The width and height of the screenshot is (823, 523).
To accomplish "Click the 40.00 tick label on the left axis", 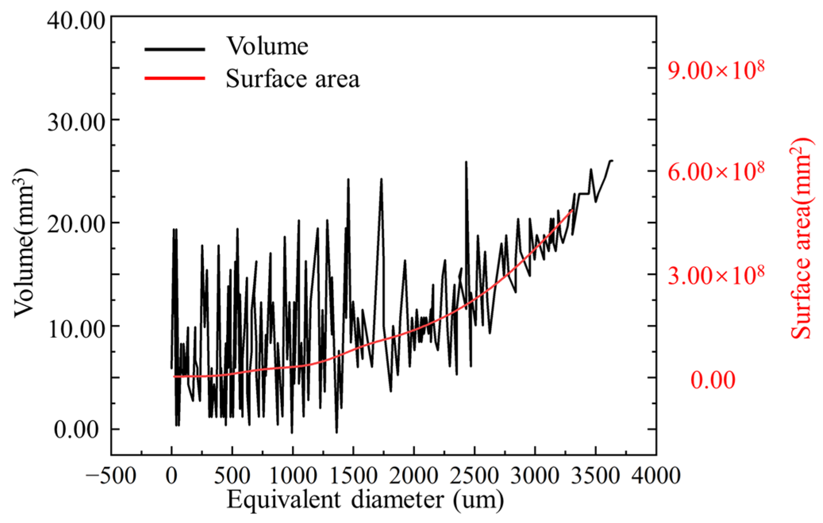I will [76, 21].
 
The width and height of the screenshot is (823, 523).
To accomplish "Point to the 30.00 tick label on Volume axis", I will [76, 122].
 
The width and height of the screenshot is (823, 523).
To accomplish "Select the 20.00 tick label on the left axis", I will [76, 225].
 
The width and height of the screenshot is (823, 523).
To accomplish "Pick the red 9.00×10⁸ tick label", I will [716, 71].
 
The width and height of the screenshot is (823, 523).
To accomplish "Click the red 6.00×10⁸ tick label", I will [716, 172].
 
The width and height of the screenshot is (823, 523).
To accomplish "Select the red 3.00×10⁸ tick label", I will [716, 275].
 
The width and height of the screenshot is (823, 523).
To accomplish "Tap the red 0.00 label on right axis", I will [713, 380].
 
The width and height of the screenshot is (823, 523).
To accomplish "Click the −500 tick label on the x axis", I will [111, 475].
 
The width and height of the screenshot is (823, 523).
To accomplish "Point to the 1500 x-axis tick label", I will [353, 475].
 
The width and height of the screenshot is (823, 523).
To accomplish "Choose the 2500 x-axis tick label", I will [474, 475].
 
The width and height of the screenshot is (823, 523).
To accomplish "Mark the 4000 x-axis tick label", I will [656, 475].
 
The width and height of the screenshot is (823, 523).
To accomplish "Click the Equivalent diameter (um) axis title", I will [365, 500].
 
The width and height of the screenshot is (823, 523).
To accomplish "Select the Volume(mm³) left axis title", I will [25, 242].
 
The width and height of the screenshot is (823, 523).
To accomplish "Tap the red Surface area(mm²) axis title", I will [801, 238].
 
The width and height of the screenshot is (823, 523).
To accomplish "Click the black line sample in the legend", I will [175, 49].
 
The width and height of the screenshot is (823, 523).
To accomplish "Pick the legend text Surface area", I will [293, 78].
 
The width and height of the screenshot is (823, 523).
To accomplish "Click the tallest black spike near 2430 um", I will [466, 162].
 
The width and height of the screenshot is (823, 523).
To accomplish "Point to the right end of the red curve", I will [572, 209].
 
